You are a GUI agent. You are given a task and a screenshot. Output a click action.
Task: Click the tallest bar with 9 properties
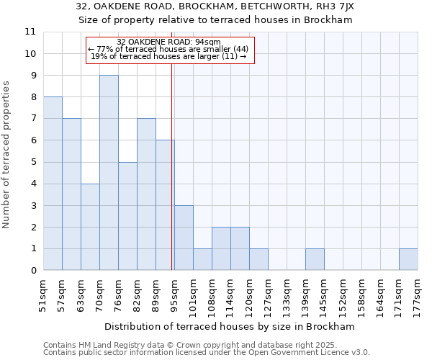[x=109, y=173]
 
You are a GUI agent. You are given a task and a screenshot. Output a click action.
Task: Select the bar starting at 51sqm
[x=53, y=184]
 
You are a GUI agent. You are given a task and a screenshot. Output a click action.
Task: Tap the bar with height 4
[x=90, y=227]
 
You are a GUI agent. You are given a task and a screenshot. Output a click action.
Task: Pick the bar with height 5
[x=127, y=216]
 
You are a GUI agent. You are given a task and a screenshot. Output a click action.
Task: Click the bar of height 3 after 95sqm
[x=184, y=238]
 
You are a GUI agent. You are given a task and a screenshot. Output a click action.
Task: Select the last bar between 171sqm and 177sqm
[x=408, y=260]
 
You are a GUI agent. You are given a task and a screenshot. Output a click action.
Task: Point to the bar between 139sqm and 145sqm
[x=315, y=260]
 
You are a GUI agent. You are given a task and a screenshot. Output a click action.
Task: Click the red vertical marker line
[x=172, y=166]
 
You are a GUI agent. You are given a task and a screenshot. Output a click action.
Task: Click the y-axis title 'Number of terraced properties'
[x=7, y=155]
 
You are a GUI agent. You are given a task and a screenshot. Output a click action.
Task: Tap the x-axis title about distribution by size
[x=235, y=326]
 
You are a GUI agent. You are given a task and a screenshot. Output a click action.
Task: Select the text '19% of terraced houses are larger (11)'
[x=170, y=56]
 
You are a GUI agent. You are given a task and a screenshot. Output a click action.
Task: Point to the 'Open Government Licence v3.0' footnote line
[x=207, y=353]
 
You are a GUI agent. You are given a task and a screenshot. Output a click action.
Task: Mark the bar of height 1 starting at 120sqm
[x=258, y=260]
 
